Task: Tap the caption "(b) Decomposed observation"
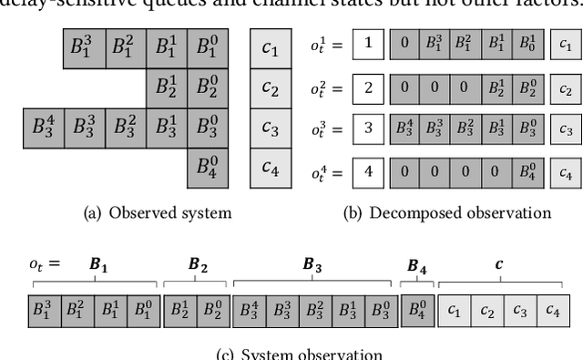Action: click(x=445, y=212)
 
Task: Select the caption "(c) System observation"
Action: click(x=300, y=354)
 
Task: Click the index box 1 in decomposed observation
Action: click(x=367, y=43)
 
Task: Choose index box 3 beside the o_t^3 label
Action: click(x=367, y=128)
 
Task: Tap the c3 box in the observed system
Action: click(x=271, y=129)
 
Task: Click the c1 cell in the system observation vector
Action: click(x=454, y=310)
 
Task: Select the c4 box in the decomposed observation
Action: click(x=565, y=170)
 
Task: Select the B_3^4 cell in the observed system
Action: click(x=42, y=127)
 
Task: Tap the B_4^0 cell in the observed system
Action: click(x=208, y=168)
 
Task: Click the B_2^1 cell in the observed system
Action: click(x=166, y=87)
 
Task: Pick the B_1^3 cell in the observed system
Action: click(x=84, y=47)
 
